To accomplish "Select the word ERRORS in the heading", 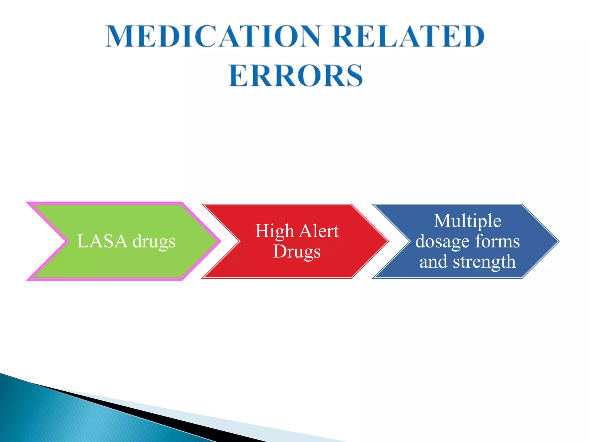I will [296, 75].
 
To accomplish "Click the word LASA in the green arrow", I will [102, 241].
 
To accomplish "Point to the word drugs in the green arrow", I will [154, 242].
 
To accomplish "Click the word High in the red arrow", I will [275, 231].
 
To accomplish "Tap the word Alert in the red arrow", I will [319, 231].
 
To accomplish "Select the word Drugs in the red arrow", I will [297, 252].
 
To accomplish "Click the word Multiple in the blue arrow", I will [467, 221].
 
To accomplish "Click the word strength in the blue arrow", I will [484, 262].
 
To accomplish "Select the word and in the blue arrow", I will [433, 262].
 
